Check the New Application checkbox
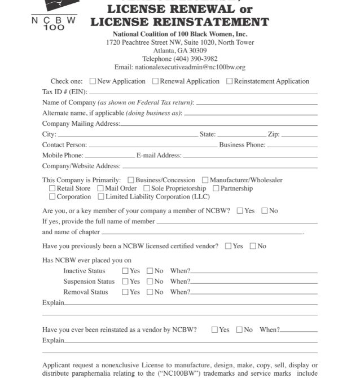[93, 81]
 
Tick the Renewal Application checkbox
[156, 81]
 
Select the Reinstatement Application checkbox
[230, 81]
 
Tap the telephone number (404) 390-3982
[180, 59]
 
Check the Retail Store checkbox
[52, 188]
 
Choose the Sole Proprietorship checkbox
[147, 188]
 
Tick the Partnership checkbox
[216, 188]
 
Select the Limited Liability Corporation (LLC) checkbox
[101, 197]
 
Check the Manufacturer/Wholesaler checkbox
[205, 181]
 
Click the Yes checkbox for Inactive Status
[125, 271]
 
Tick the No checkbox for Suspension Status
[150, 282]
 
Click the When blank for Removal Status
[254, 293]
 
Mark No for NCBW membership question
[265, 211]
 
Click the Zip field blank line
[299, 135]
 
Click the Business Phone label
[242, 145]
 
